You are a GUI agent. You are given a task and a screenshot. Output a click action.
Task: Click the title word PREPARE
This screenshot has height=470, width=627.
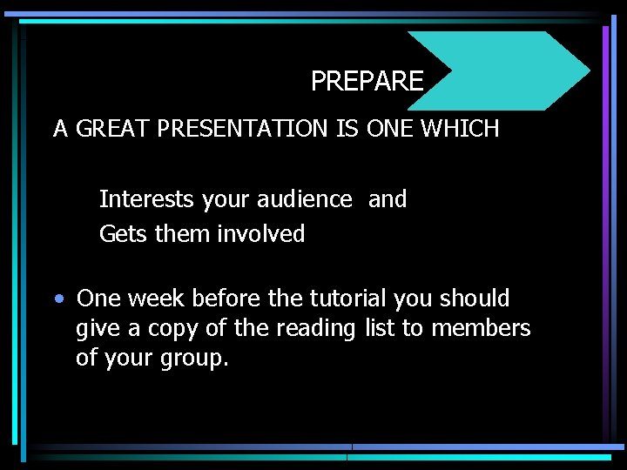pyautogui.click(x=367, y=82)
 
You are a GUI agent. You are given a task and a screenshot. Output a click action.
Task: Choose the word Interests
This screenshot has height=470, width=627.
pyautogui.click(x=146, y=199)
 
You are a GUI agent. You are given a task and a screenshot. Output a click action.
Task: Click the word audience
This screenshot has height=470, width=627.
pyautogui.click(x=305, y=199)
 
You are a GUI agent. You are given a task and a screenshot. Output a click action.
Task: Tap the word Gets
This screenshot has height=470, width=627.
pyautogui.click(x=124, y=234)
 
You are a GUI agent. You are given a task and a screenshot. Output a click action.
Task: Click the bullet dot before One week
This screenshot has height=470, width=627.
pyautogui.click(x=57, y=299)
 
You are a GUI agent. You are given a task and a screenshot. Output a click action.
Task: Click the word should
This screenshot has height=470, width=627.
pyautogui.click(x=474, y=299)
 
